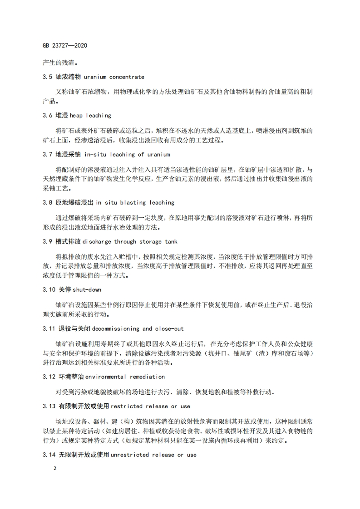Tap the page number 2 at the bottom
coord(55,469)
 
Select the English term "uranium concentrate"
coord(114,77)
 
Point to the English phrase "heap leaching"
coord(89,116)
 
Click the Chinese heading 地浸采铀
coord(69,155)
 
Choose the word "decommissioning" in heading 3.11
coord(117,328)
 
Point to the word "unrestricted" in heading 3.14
coord(133,455)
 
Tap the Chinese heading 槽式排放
coord(69,242)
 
